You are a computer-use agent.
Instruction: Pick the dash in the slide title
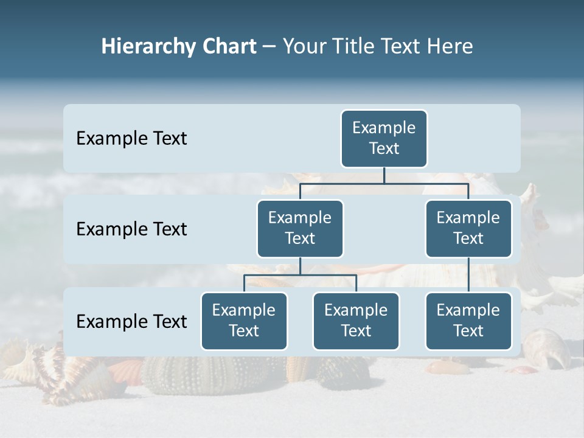(269, 47)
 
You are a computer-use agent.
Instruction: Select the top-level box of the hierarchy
(384, 139)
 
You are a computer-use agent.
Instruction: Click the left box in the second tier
(300, 229)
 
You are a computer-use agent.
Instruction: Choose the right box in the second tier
(468, 229)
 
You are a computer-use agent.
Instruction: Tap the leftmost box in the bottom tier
(244, 321)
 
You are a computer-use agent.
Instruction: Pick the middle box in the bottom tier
(356, 321)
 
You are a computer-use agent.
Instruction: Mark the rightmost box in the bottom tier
(468, 321)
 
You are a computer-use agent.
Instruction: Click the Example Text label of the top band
(131, 139)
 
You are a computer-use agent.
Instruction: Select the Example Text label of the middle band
(131, 229)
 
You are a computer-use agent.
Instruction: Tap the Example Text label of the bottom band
(131, 321)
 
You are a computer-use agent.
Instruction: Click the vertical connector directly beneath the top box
(384, 175)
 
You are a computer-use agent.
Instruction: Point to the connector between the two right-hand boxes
(468, 275)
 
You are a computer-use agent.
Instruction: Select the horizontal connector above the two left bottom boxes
(300, 275)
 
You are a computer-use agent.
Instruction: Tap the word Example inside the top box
(384, 128)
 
